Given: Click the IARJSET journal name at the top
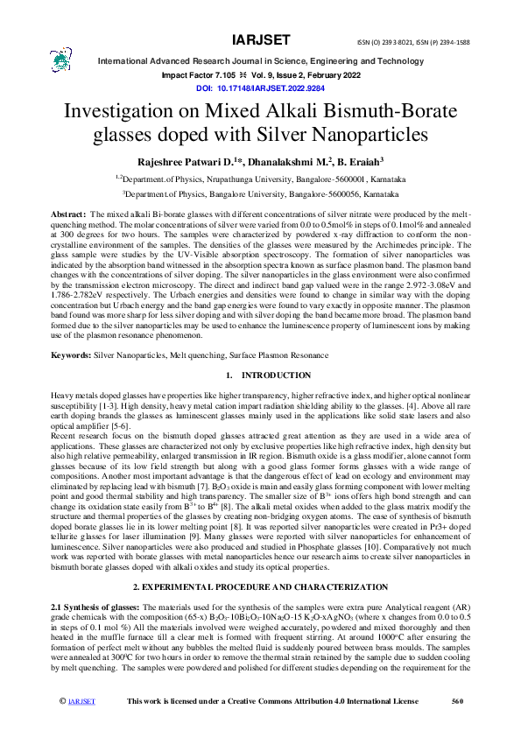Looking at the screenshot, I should click(259, 40).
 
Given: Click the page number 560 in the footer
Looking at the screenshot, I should click(456, 726).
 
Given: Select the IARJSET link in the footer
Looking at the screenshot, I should click(81, 726).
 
